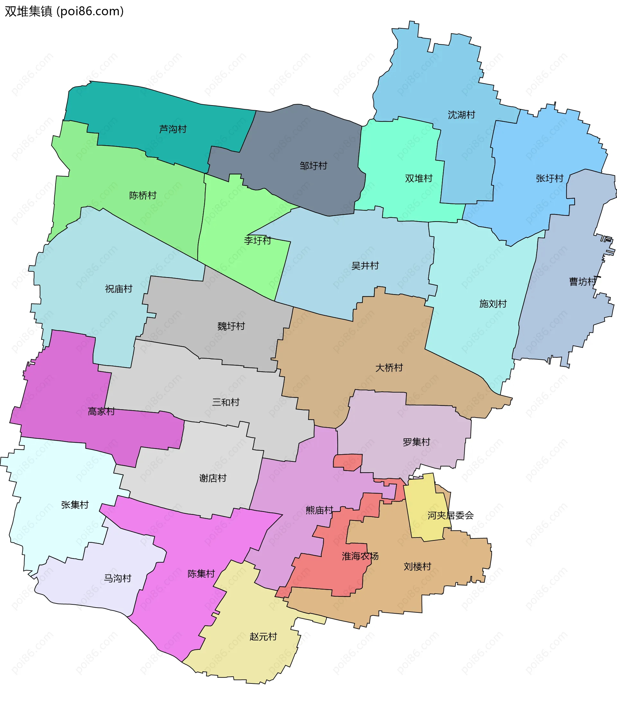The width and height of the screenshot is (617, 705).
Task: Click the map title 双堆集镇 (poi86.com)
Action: [x=64, y=11]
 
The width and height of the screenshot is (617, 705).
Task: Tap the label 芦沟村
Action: [x=173, y=129]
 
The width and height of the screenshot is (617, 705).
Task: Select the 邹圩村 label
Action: [x=313, y=166]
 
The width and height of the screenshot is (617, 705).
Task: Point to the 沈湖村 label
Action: [x=461, y=115]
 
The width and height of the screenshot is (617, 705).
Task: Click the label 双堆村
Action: [x=419, y=178]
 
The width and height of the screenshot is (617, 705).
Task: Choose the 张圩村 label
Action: [x=550, y=178]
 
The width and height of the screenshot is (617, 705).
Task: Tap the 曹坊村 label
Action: [x=583, y=282]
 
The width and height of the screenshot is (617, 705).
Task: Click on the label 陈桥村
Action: [x=143, y=195]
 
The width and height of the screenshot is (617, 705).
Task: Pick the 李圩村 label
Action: [x=257, y=240]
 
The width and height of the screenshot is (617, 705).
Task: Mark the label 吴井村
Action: [x=365, y=266]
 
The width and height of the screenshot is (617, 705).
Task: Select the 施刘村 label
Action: [x=493, y=304]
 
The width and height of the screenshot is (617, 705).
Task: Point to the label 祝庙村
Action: [x=119, y=289]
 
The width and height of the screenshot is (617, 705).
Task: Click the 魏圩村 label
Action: [x=231, y=326]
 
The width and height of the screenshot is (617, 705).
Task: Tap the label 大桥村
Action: [x=389, y=368]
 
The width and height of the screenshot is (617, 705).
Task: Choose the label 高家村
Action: [x=101, y=411]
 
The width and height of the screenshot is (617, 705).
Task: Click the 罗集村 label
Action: [x=416, y=442]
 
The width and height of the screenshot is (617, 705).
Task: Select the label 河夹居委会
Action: [x=450, y=515]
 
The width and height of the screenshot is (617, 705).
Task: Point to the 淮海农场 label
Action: [x=360, y=556]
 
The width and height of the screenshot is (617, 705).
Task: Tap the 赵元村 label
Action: [x=264, y=637]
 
